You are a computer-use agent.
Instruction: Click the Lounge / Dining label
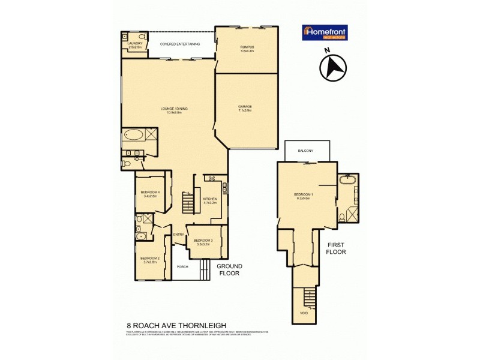tap(174, 110)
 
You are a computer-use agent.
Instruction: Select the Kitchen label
tap(209, 200)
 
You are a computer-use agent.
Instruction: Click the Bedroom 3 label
tap(202, 242)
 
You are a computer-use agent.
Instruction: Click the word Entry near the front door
tap(178, 234)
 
